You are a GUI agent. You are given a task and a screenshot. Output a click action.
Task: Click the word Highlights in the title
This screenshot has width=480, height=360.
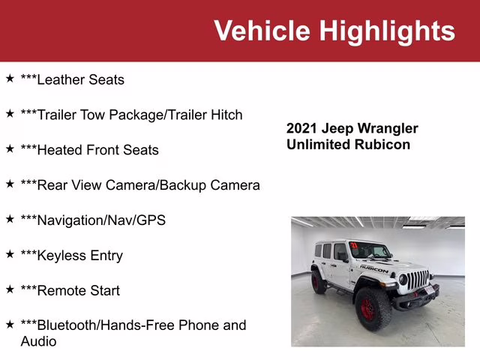pyautogui.click(x=387, y=31)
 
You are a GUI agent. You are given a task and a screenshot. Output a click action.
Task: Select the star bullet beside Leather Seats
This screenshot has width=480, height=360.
pyautogui.click(x=10, y=78)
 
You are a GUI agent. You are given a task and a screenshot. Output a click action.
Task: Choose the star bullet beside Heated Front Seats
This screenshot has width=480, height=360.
pyautogui.click(x=10, y=148)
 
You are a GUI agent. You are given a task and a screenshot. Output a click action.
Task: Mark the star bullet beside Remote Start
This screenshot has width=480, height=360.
pyautogui.click(x=10, y=289)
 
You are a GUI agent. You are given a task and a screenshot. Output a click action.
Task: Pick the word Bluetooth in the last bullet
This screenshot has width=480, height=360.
pyautogui.click(x=67, y=325)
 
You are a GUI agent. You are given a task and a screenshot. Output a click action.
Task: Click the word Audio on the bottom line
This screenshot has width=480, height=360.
pyautogui.click(x=38, y=341)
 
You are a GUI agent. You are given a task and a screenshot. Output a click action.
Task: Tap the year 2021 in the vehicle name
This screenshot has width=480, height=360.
pyautogui.click(x=303, y=128)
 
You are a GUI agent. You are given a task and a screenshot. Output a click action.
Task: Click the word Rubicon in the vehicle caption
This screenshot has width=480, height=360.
pyautogui.click(x=382, y=145)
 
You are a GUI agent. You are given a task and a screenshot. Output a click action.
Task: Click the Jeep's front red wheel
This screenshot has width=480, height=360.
pyautogui.click(x=370, y=308)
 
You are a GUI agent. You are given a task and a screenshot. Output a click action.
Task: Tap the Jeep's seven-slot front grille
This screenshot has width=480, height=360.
pyautogui.click(x=418, y=281)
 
